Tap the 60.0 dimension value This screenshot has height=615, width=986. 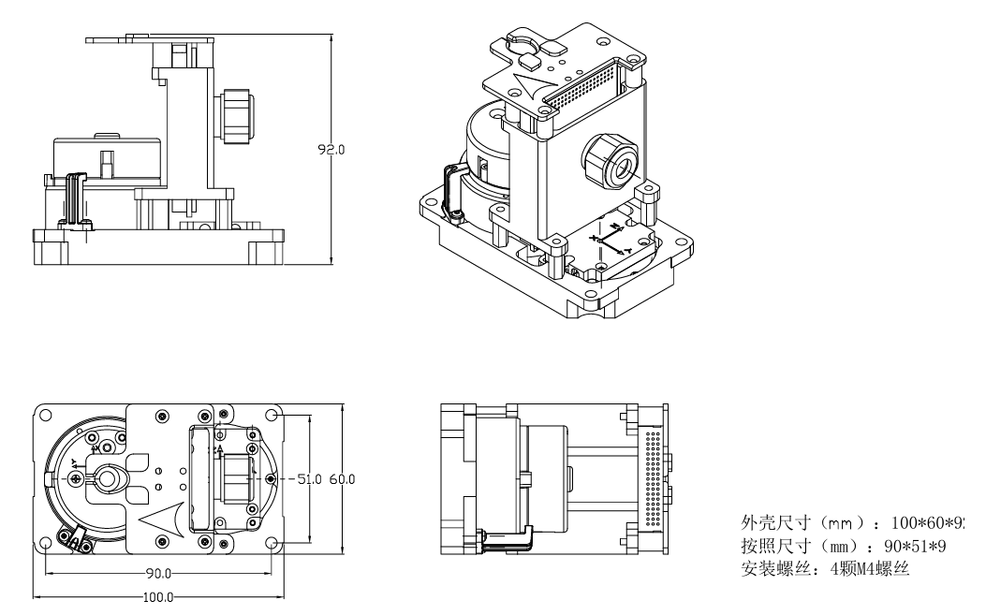click(x=342, y=478)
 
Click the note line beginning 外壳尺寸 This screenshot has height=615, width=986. click(x=853, y=521)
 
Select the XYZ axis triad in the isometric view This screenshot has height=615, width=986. click(x=607, y=240)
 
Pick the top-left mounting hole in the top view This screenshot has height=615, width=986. click(x=44, y=412)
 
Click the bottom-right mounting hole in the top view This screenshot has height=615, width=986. click(x=272, y=543)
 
